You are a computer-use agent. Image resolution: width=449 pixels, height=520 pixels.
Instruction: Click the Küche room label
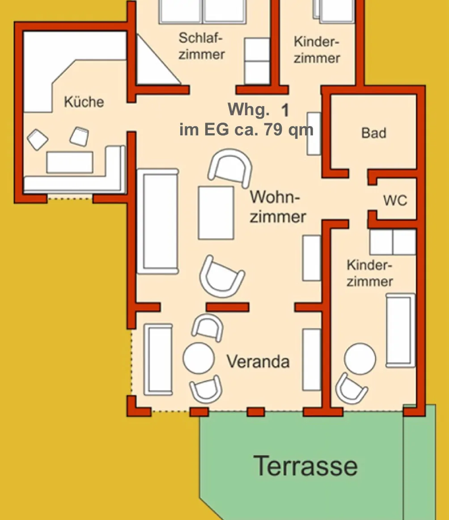[x=84, y=101]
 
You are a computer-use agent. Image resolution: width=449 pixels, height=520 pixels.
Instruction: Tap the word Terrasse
[x=306, y=466]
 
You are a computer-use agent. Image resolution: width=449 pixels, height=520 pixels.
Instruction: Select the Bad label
[x=373, y=133]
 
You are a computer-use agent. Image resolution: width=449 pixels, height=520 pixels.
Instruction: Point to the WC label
[x=395, y=201]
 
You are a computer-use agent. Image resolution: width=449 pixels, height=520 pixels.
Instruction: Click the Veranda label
[x=258, y=361]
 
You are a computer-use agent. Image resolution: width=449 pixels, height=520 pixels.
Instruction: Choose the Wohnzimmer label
[x=277, y=207]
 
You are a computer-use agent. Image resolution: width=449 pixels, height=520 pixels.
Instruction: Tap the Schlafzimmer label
[x=202, y=46]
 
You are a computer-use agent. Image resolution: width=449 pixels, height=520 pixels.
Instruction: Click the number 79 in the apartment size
[x=273, y=130]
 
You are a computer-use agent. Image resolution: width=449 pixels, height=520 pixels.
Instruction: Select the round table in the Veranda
[x=199, y=358]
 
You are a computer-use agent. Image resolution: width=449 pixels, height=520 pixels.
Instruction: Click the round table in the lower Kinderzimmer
[x=360, y=359]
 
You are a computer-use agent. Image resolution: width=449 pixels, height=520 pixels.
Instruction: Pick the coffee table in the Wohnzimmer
[x=216, y=213]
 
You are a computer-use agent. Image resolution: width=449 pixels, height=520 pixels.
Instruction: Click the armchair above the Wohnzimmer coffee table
[x=230, y=167]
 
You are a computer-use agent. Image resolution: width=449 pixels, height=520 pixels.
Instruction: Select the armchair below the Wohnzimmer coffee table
[x=222, y=277]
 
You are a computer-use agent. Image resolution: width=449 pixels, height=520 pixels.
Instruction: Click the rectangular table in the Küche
[x=70, y=162]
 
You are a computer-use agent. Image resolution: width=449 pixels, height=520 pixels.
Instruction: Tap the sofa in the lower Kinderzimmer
[x=400, y=330]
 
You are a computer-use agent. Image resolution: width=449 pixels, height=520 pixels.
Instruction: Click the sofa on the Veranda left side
[x=158, y=359]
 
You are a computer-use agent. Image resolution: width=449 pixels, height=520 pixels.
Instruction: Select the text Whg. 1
[x=258, y=110]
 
